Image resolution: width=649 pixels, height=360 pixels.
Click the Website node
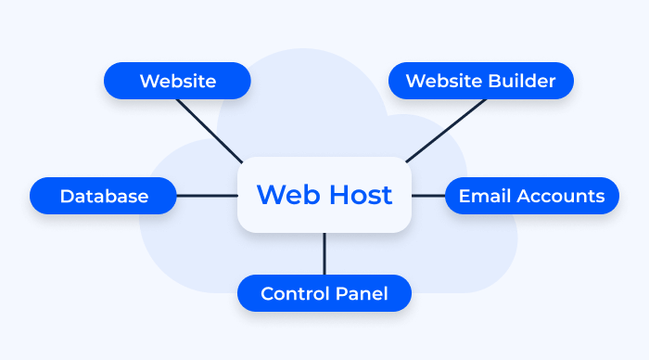(177, 81)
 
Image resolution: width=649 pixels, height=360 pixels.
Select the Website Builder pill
(480, 81)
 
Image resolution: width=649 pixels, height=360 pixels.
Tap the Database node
(103, 196)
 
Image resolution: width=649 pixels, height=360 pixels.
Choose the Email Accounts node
(531, 196)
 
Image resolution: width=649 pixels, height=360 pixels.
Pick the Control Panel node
(324, 293)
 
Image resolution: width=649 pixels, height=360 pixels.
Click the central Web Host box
(324, 195)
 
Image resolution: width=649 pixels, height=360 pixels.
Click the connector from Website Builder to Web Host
(445, 130)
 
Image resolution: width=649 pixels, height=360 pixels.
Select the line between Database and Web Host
(207, 196)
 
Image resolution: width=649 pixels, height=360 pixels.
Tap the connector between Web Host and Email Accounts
(428, 196)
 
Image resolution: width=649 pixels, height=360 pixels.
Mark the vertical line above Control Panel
(324, 253)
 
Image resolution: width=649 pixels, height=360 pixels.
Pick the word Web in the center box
(283, 195)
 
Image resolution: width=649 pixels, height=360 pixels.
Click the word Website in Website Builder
(443, 81)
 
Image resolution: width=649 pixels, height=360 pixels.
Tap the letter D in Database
(66, 196)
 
